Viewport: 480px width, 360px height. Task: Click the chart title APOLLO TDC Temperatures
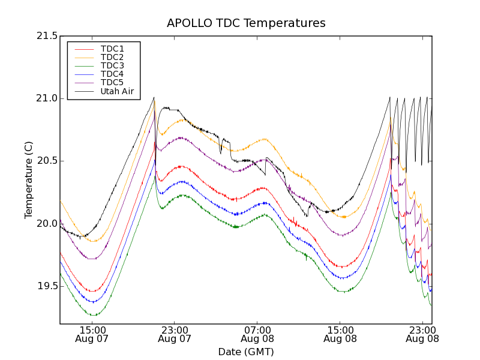[x=246, y=23]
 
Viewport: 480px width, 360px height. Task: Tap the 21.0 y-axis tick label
[x=46, y=98]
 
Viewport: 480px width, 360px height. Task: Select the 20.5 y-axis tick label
[x=46, y=161]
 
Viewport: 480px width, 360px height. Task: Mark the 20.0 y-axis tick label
[x=46, y=223]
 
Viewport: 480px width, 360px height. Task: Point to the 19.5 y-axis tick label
[x=46, y=286]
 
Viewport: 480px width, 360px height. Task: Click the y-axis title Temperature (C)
[x=29, y=180]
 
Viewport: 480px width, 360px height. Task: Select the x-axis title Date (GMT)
[x=246, y=352]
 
